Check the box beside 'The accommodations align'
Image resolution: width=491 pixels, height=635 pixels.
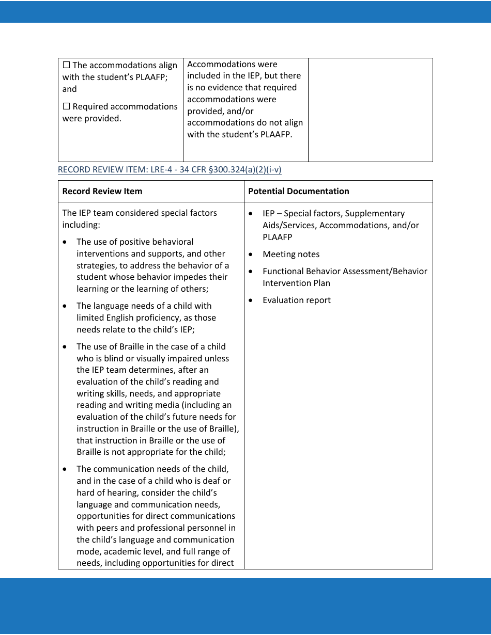[66, 66]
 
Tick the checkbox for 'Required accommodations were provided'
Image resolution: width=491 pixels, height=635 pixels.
[66, 107]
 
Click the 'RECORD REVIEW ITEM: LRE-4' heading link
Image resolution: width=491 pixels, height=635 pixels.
[169, 170]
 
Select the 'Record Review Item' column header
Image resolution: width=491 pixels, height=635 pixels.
[102, 191]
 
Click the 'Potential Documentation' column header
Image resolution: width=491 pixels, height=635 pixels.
[298, 191]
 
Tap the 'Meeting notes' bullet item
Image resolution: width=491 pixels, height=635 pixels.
[291, 254]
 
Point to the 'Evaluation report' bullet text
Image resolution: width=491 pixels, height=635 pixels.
[296, 300]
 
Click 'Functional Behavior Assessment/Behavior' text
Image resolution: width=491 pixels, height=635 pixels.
[345, 271]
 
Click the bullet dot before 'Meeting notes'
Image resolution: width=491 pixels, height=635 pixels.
[251, 255]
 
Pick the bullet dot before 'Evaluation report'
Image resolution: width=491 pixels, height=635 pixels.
[251, 300]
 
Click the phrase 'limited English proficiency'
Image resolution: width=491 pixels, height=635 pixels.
[146, 317]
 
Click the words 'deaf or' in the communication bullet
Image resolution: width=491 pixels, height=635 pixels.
[218, 481]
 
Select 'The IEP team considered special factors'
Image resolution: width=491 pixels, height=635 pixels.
[140, 213]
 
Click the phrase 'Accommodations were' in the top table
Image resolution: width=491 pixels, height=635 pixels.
[232, 65]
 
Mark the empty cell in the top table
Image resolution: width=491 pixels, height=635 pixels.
[370, 109]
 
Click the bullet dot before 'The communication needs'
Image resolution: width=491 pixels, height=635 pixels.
[65, 469]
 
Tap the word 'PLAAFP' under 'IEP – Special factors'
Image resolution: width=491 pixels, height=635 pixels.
[277, 237]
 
